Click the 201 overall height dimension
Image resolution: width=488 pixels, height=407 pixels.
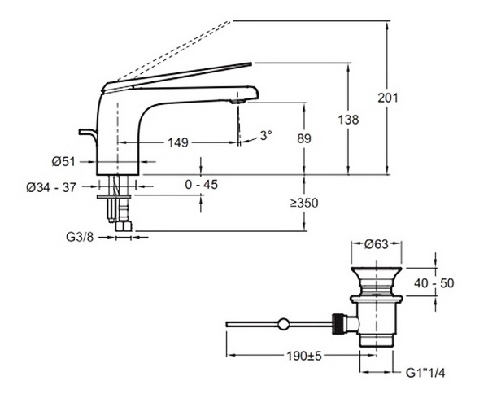pyautogui.click(x=388, y=98)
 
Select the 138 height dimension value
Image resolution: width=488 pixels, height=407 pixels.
pyautogui.click(x=348, y=120)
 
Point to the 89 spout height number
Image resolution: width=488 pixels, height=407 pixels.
pyautogui.click(x=304, y=138)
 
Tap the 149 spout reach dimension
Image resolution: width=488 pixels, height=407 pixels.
pyautogui.click(x=178, y=142)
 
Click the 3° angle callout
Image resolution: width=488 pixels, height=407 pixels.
pyautogui.click(x=266, y=135)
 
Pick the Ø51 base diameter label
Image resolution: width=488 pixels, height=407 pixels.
pyautogui.click(x=63, y=162)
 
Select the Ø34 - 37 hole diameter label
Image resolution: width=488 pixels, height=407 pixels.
pyautogui.click(x=51, y=187)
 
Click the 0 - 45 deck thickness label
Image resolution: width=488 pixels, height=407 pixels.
pyautogui.click(x=202, y=185)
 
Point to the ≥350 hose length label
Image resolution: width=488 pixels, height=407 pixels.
pyautogui.click(x=304, y=203)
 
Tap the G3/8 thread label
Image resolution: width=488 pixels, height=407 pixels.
pyautogui.click(x=80, y=238)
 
